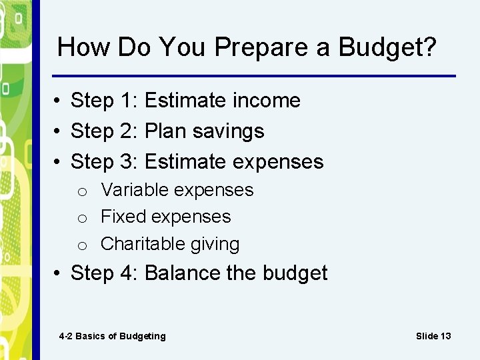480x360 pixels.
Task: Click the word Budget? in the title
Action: click(387, 47)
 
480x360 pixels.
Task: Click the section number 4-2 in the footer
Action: click(65, 336)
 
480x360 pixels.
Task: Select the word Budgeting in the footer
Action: click(142, 337)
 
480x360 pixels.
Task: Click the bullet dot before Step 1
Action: click(59, 101)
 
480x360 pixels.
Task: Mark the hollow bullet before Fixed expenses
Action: click(81, 218)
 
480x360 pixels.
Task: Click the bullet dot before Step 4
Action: click(59, 274)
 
